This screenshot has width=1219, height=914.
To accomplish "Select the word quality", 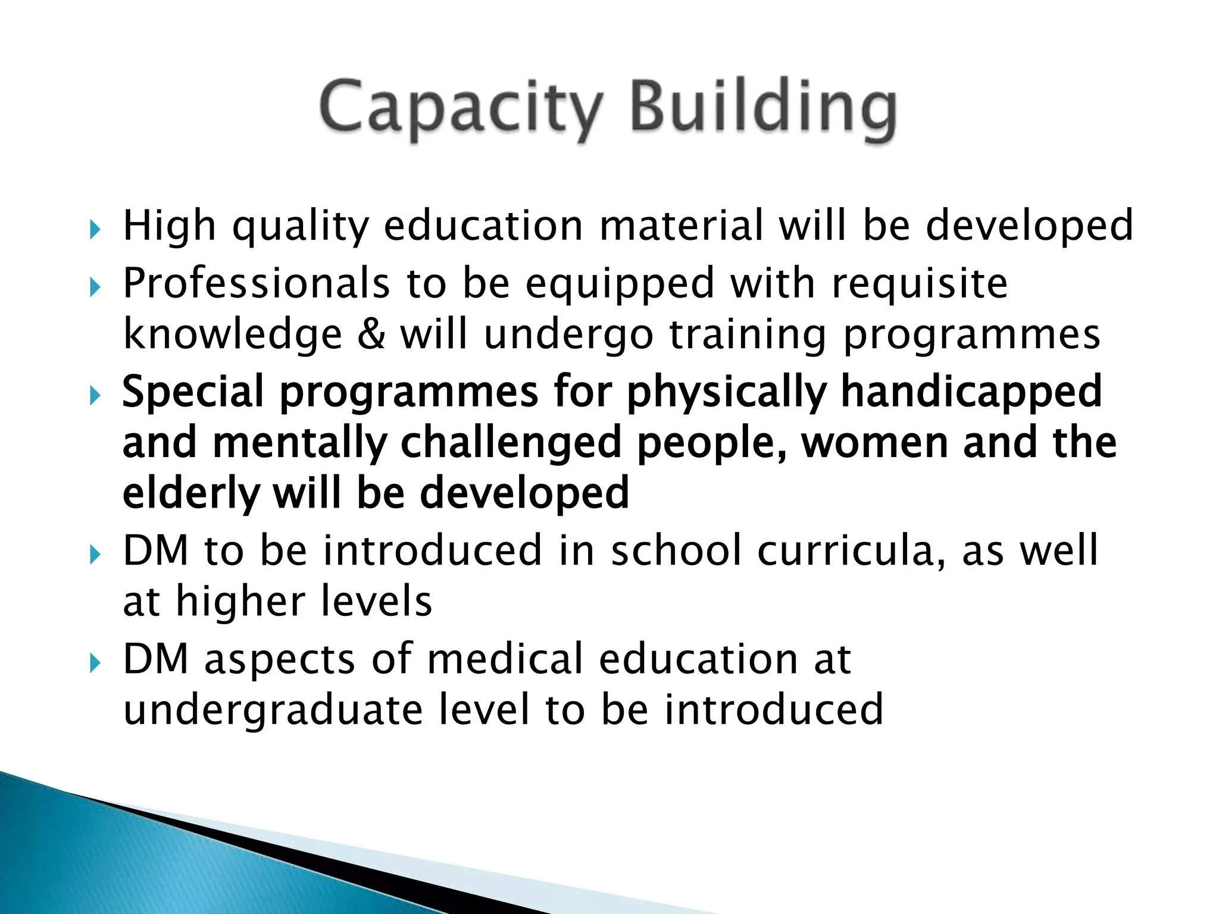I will (301, 227).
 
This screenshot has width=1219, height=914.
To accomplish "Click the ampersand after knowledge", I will (371, 334).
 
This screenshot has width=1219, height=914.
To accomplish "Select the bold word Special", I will (193, 393).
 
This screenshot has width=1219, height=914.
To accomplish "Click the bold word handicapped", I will (971, 393).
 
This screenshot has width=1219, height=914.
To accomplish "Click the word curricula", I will (852, 551).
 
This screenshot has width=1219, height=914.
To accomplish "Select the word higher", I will (240, 603).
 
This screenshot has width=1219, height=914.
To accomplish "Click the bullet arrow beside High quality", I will (95, 229).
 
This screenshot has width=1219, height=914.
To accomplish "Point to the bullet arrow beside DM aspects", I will (95, 662).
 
